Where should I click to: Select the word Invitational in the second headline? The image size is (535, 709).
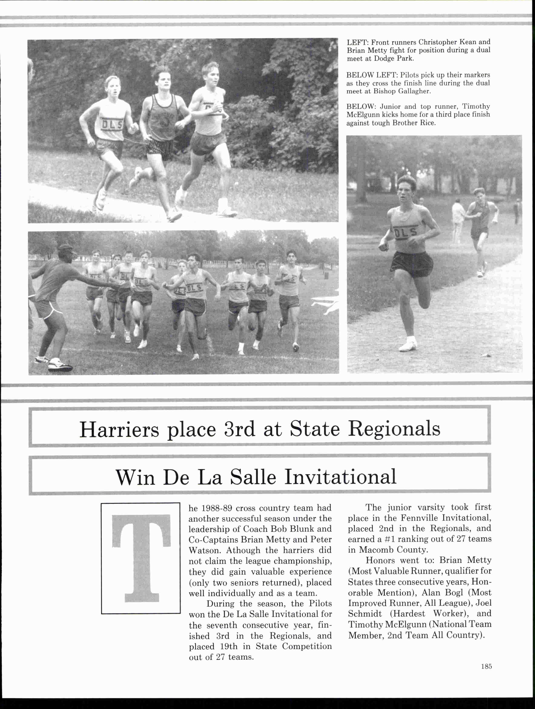pyautogui.click(x=340, y=477)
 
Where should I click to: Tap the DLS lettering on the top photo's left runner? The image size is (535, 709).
pyautogui.click(x=112, y=125)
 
